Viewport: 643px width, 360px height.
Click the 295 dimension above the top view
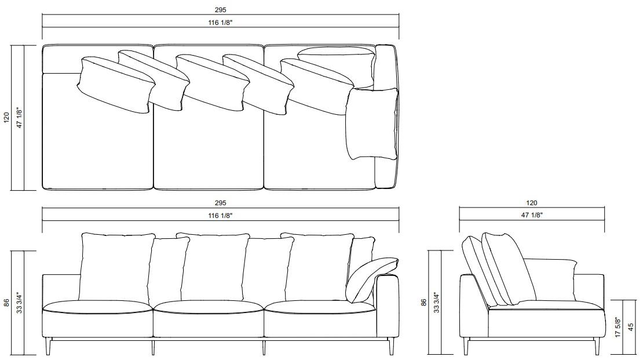[220, 10]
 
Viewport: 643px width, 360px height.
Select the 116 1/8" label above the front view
[220, 216]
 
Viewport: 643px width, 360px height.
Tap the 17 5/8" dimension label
[618, 328]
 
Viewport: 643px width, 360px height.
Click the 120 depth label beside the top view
[6, 118]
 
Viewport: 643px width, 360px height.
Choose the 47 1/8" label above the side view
[532, 215]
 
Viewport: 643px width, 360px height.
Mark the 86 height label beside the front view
[6, 302]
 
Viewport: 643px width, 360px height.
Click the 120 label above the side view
[532, 203]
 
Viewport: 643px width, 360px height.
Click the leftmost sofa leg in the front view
[47, 346]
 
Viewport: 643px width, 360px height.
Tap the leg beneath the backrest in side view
[466, 346]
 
